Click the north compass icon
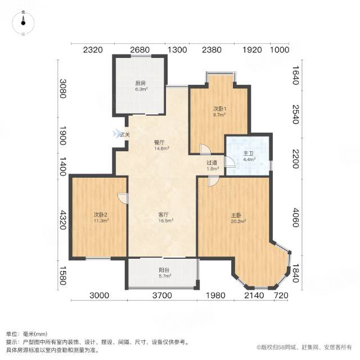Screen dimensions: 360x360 click(x=23, y=22)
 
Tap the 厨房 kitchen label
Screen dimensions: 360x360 click(x=140, y=83)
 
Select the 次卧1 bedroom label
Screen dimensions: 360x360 click(x=218, y=109)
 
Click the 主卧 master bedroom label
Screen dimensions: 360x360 click(x=236, y=215)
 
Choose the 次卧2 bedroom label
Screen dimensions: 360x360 click(x=101, y=215)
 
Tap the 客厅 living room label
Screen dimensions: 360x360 click(x=163, y=215)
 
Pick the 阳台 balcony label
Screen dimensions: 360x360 click(x=164, y=270)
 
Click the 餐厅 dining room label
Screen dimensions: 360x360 click(x=159, y=142)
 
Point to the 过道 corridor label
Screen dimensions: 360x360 click(x=211, y=163)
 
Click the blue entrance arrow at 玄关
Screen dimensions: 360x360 click(x=116, y=134)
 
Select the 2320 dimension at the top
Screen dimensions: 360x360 click(x=93, y=50)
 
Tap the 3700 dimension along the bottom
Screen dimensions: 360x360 click(x=162, y=295)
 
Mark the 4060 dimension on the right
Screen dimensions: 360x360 click(x=296, y=218)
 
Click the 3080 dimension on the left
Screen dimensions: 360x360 click(x=63, y=88)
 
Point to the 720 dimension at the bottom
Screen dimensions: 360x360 click(x=281, y=295)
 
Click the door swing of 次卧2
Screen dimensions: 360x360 click(x=123, y=198)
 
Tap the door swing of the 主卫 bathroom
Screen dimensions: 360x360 click(x=230, y=162)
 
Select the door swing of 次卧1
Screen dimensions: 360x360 click(x=205, y=149)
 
